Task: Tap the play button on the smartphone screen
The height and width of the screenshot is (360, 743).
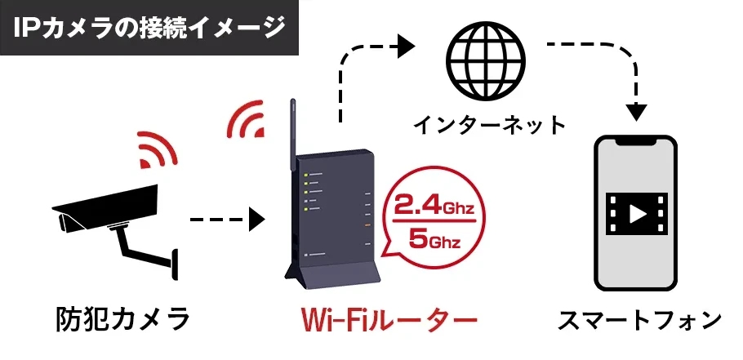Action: point(637,215)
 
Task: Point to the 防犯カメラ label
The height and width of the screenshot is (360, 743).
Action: point(123,318)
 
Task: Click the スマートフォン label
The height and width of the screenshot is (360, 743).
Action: point(639,320)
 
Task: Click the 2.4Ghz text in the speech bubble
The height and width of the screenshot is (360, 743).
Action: point(434,204)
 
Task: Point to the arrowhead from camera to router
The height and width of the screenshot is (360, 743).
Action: point(257,220)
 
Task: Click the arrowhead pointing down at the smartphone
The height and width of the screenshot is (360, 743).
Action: point(636,113)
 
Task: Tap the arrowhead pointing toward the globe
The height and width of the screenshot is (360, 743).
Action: point(407,47)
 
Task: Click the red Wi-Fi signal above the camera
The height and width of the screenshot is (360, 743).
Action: point(157,150)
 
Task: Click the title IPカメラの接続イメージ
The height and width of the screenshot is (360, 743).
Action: point(149,28)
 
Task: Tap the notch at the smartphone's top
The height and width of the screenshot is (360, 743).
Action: point(636,141)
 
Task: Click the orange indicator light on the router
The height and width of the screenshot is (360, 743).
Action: point(367,224)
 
